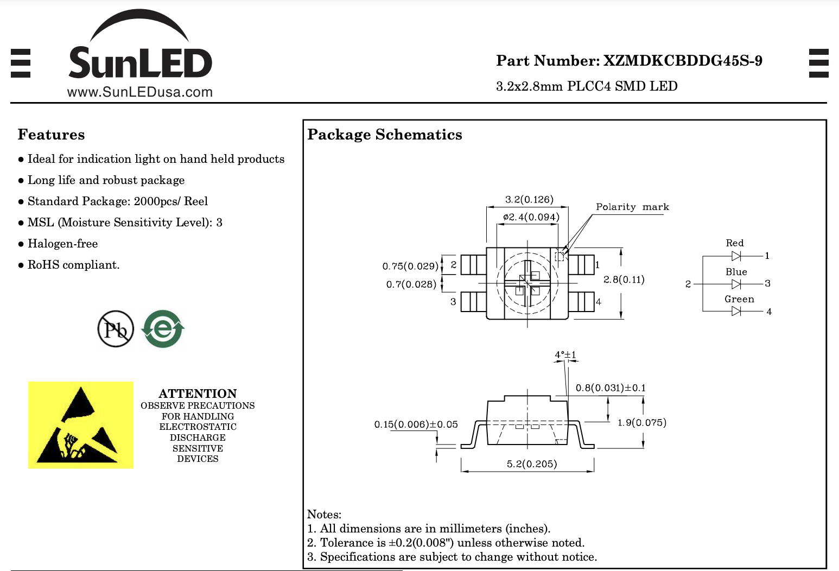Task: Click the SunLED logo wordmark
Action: point(140,63)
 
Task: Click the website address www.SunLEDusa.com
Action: point(140,92)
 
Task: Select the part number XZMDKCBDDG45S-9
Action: point(683,61)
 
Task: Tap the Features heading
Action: point(51,135)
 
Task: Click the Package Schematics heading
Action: point(385,135)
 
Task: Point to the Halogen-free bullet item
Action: point(62,244)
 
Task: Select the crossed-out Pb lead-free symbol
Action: point(116,329)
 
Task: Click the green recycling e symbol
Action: point(163,329)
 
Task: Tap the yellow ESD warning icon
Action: point(81,425)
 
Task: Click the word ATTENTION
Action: point(198,394)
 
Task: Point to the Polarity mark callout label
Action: point(632,207)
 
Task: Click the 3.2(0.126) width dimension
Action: point(529,199)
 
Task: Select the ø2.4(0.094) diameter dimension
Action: point(531,217)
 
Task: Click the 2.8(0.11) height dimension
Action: point(624,280)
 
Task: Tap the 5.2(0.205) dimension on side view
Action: point(532,464)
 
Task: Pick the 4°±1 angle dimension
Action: point(565,355)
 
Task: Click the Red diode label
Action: point(735,243)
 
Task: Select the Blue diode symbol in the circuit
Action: point(736,284)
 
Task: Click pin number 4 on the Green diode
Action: point(769,312)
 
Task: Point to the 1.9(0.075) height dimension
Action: point(642,422)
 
